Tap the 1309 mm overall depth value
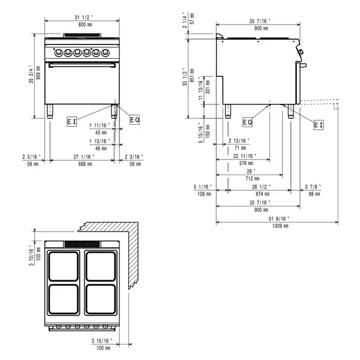coord(281,226)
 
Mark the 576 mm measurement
coord(243,163)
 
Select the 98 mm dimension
coord(313,194)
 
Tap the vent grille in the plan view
coord(82,244)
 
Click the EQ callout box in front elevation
coord(134,120)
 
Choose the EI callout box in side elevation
coord(319,125)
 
